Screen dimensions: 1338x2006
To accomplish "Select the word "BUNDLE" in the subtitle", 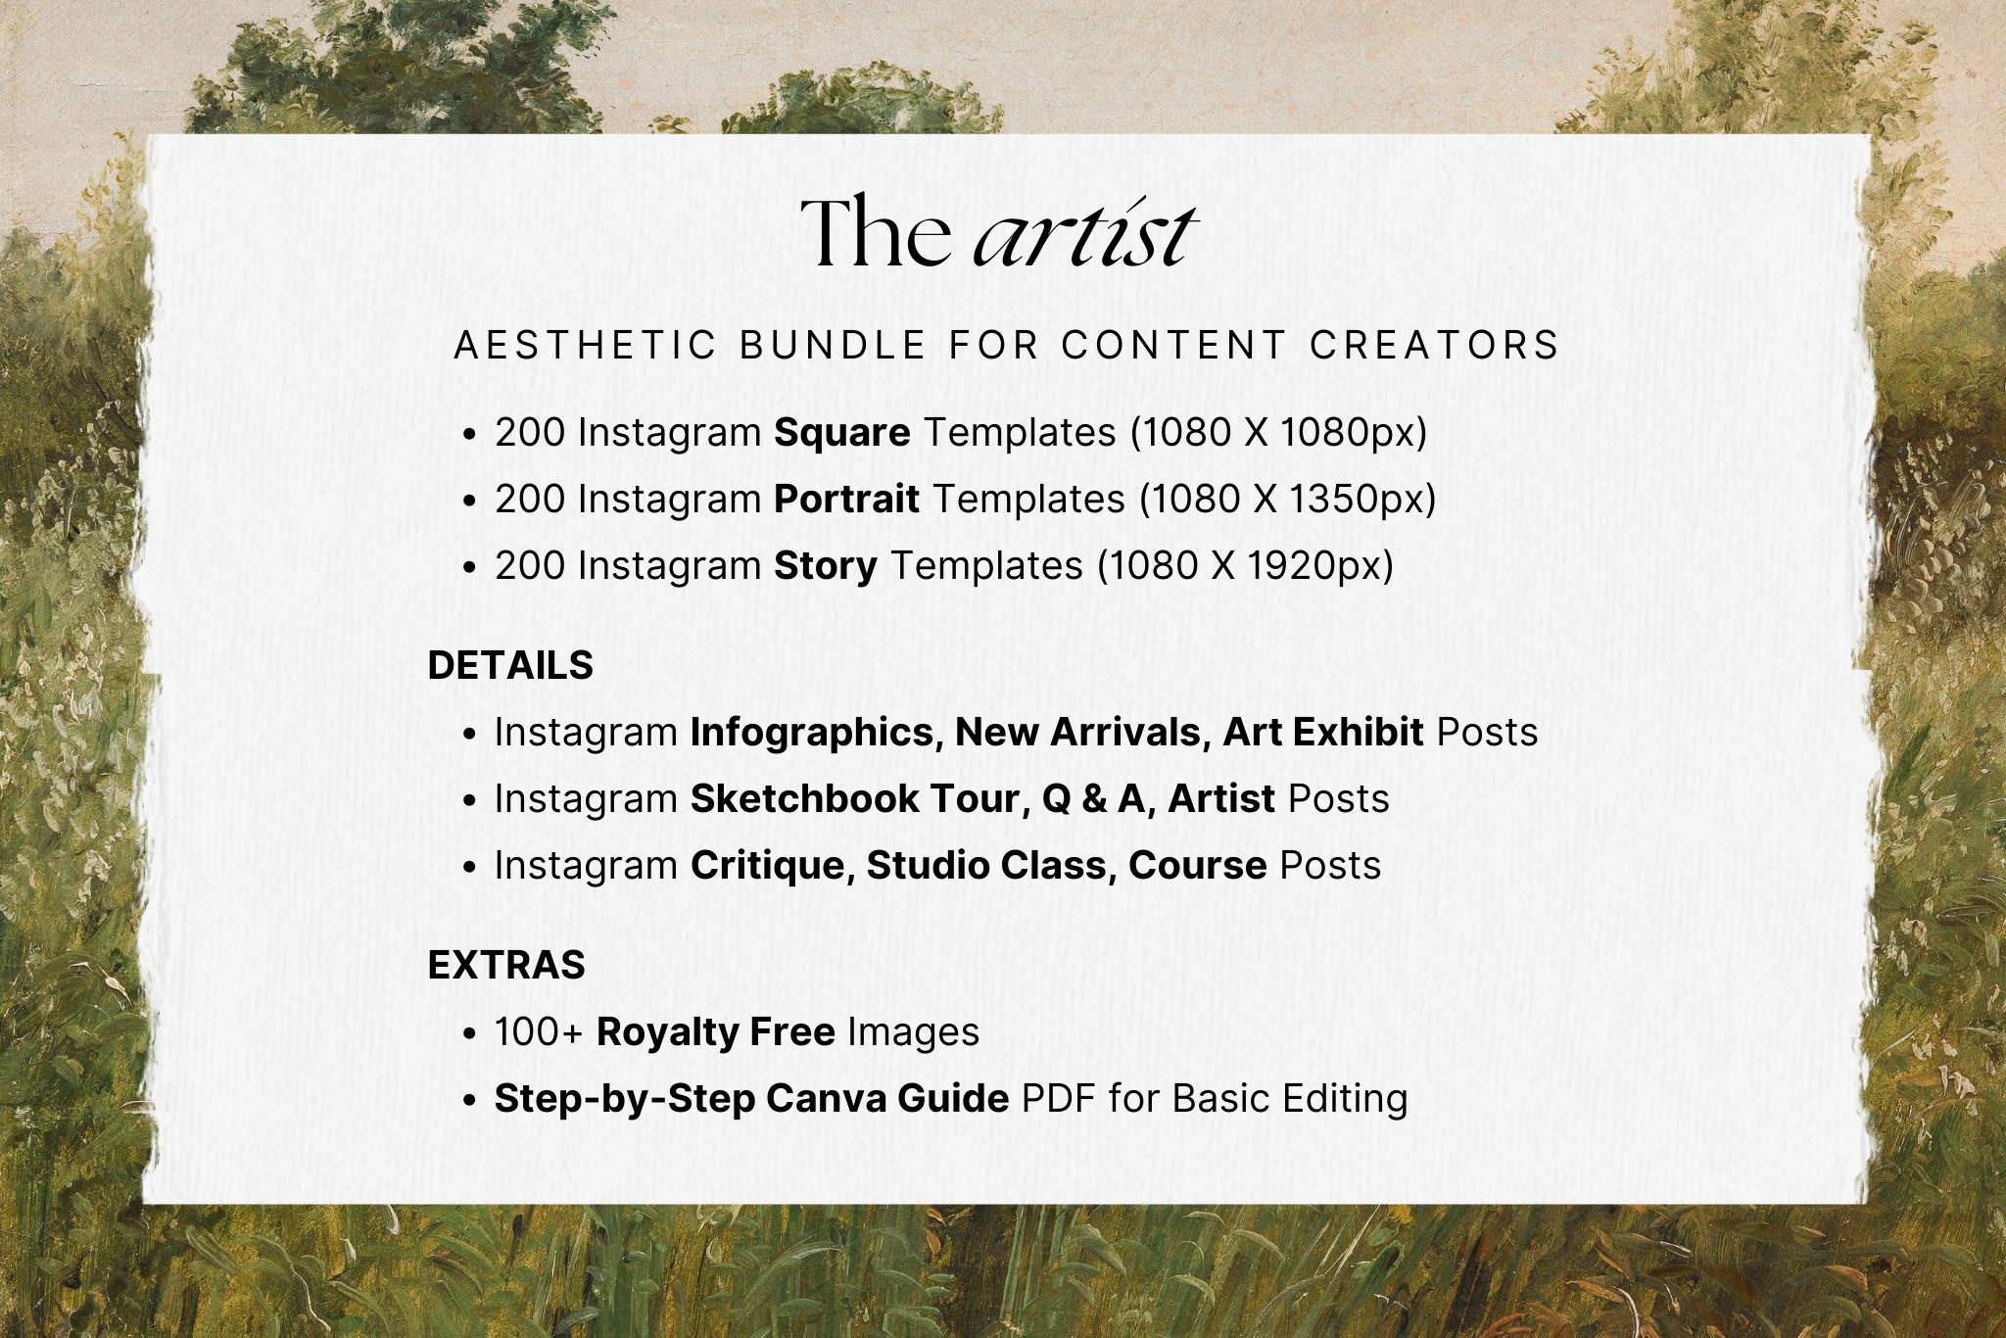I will [x=833, y=346].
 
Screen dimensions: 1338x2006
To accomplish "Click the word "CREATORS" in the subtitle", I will [x=1435, y=346].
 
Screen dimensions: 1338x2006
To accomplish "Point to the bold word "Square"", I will [x=842, y=433].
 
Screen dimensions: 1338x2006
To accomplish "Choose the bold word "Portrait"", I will [x=847, y=500].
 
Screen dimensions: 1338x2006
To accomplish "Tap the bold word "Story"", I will [x=826, y=566].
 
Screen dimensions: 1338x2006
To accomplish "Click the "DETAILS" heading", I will [x=510, y=666].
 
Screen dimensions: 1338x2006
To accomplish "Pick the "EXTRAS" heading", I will [x=506, y=966].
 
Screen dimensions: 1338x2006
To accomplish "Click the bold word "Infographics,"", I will [x=817, y=733].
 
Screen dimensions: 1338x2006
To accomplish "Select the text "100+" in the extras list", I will [x=539, y=1032].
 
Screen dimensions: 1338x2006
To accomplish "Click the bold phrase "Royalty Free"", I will [x=716, y=1032].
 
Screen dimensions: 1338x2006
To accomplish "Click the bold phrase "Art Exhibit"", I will [x=1323, y=733].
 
